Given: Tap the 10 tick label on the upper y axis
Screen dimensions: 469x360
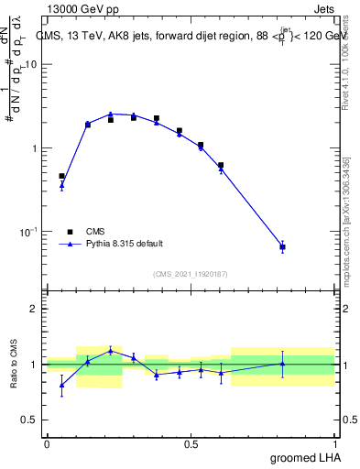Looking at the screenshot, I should coord(31,65).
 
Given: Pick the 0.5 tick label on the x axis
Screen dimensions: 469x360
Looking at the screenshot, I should coord(191,445).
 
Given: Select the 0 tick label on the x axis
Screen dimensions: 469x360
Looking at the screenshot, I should coord(47,445).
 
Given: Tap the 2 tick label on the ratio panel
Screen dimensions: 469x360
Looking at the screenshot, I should coord(35,309).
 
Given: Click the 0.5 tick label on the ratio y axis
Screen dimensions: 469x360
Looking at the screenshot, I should coord(30,420).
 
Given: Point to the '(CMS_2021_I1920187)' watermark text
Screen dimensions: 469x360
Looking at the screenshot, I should coord(191,273).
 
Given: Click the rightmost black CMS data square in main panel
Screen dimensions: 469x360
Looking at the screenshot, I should coord(282,247).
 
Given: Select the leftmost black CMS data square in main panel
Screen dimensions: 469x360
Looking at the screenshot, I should coord(61,176).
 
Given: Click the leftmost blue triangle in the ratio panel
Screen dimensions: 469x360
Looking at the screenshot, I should coord(61,385).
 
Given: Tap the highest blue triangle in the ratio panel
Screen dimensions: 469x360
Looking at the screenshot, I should coord(111,350).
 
